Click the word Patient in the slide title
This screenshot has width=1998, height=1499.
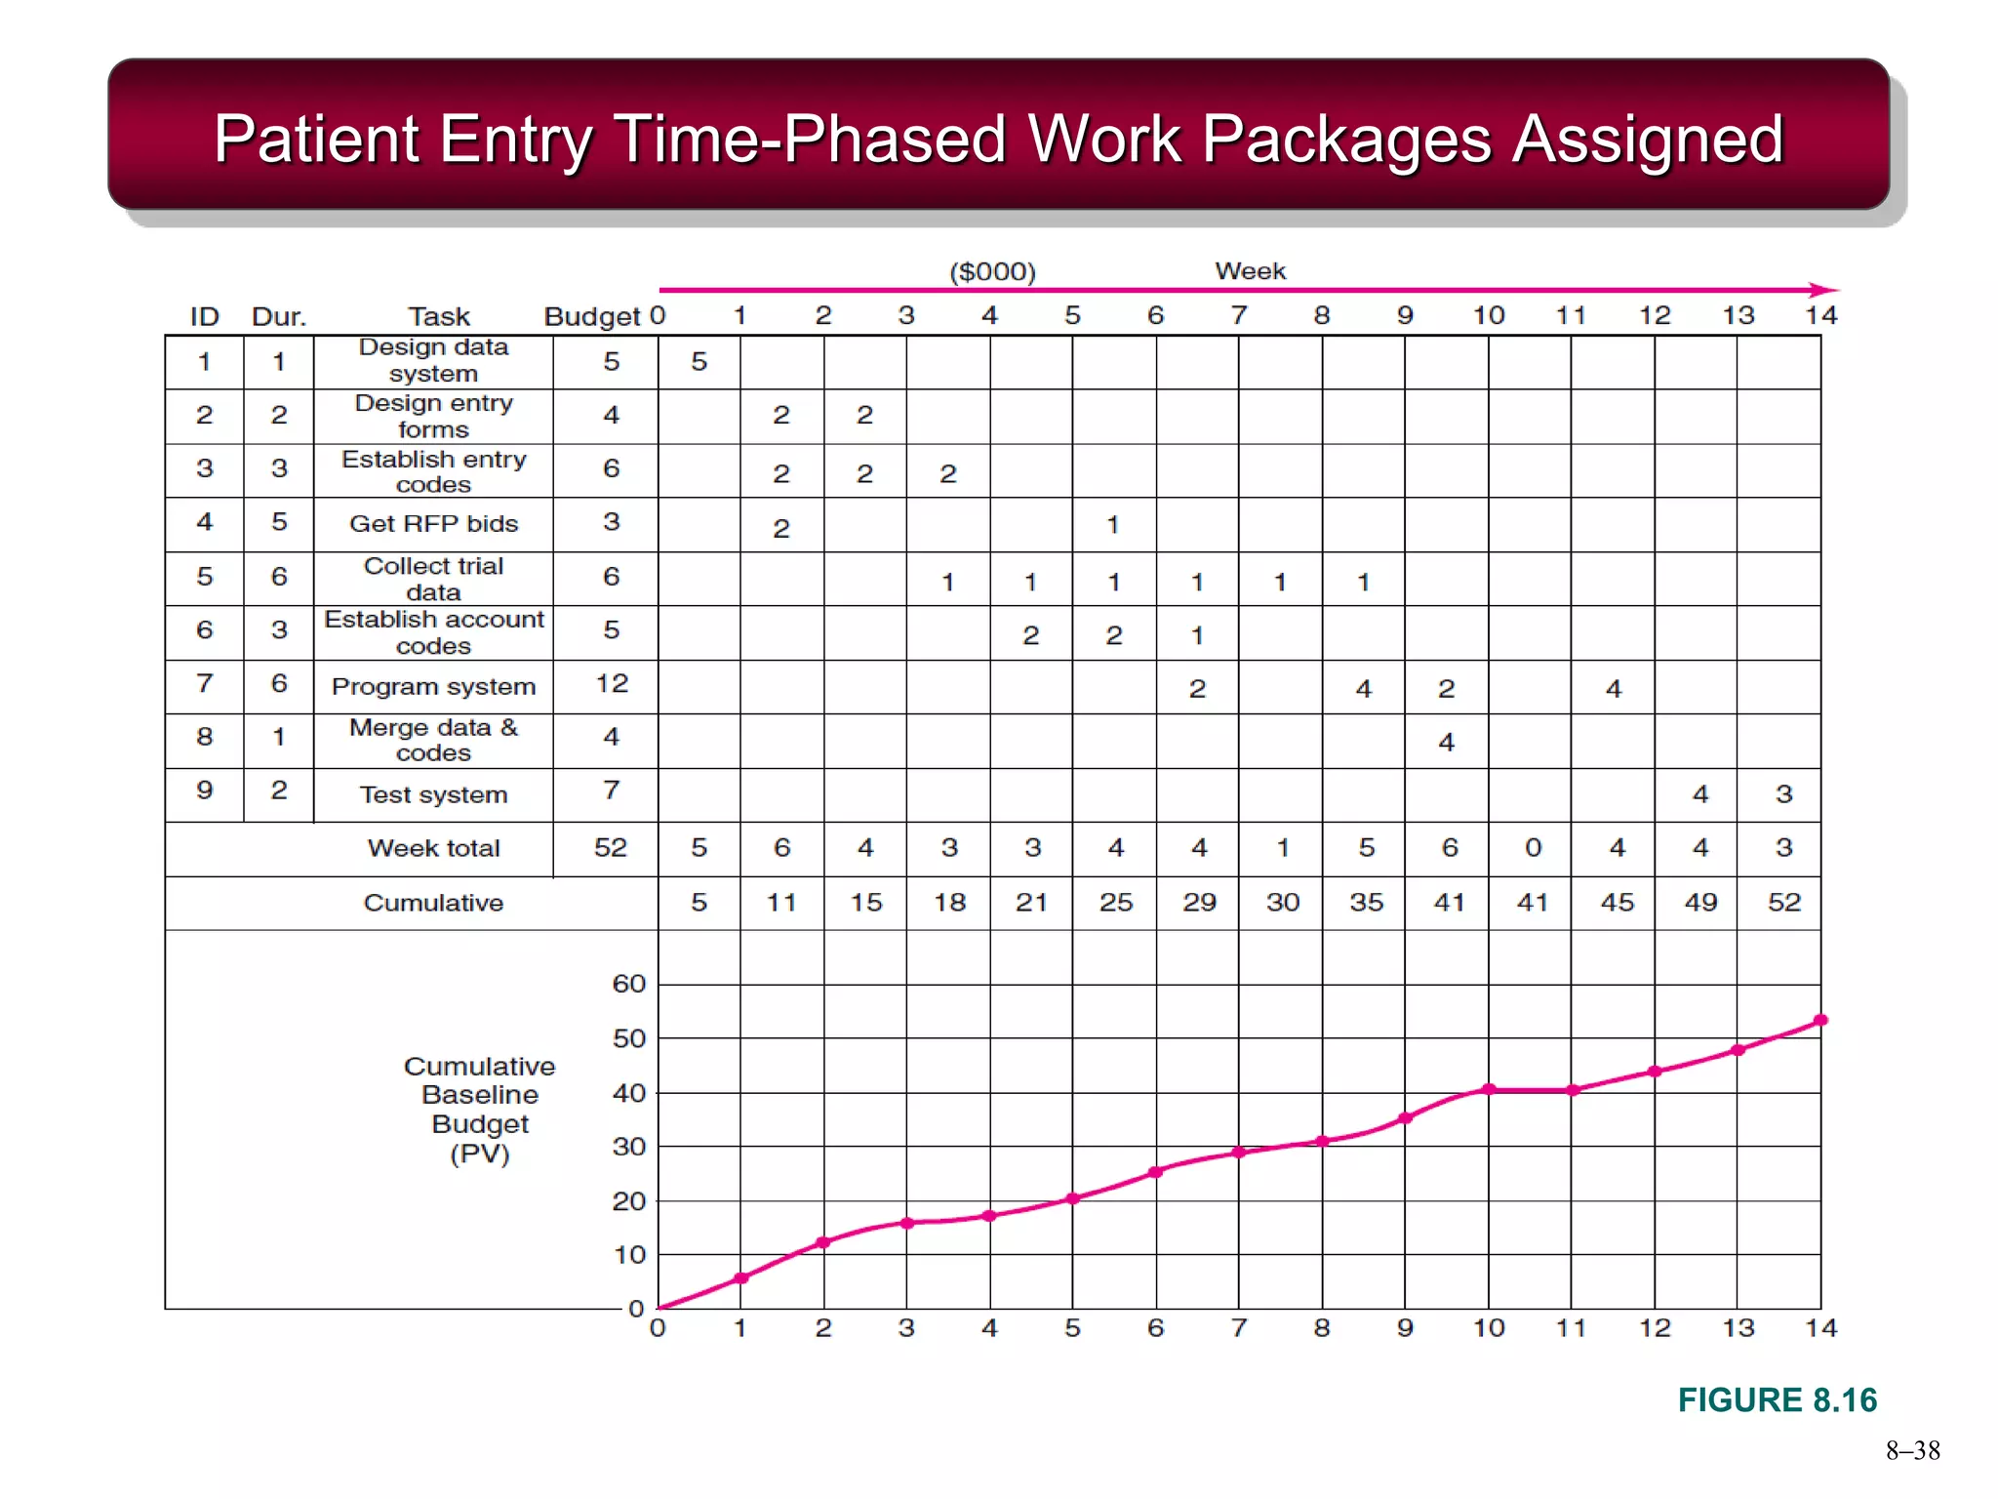click(315, 139)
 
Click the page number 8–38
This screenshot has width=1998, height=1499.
click(1912, 1450)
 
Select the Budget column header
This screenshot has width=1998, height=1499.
click(591, 316)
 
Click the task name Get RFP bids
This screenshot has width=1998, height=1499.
click(433, 524)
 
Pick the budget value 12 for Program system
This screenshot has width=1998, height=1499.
click(612, 683)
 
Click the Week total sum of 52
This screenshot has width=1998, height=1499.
click(611, 847)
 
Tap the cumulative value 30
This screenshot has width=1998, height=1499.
click(1282, 902)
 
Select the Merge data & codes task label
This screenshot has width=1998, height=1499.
click(433, 740)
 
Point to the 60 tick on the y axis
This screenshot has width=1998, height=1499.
click(629, 984)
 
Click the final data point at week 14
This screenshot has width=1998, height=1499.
click(1820, 1020)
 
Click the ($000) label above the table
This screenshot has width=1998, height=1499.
click(992, 271)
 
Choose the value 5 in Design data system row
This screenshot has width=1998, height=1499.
click(699, 362)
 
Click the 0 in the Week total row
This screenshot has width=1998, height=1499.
click(1533, 847)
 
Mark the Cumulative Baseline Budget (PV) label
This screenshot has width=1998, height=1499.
click(479, 1110)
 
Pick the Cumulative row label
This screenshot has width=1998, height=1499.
click(433, 903)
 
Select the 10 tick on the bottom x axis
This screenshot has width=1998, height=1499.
click(1488, 1328)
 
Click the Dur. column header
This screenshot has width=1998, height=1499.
click(279, 316)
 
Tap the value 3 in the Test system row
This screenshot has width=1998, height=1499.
click(1783, 793)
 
